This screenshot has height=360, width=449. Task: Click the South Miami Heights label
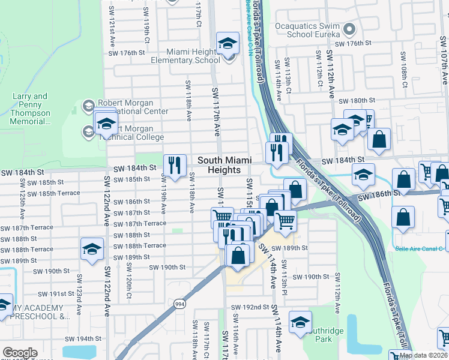[x=224, y=164]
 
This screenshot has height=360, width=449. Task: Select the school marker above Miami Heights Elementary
[x=228, y=44]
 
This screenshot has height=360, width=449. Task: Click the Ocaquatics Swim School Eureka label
[x=307, y=30]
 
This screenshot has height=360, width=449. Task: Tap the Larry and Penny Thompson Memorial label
[x=31, y=109]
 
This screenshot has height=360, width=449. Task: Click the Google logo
[x=20, y=353]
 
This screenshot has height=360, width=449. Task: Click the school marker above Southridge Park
[x=300, y=322]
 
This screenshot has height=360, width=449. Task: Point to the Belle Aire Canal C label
[x=420, y=248]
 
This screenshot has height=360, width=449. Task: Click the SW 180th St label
[x=357, y=100]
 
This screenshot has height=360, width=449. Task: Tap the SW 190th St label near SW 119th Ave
[x=167, y=268]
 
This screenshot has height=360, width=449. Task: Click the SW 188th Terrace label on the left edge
[x=27, y=250]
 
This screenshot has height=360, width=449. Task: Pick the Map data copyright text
[x=424, y=355]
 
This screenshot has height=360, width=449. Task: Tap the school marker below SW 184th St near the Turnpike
[x=363, y=175]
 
